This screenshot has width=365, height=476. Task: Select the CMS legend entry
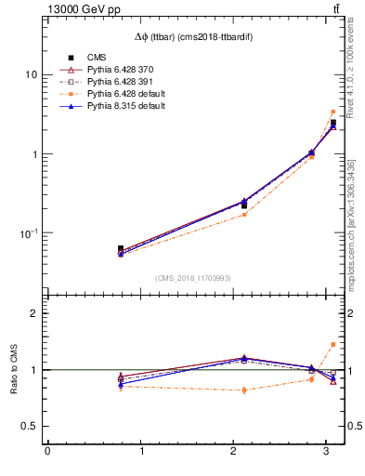tap(98, 58)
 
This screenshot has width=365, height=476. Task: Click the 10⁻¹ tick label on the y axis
tap(28, 233)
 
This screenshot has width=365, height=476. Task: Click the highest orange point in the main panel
tap(333, 112)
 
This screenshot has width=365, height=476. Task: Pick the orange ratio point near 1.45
tap(333, 344)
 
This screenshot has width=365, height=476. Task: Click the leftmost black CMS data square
tap(121, 249)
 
